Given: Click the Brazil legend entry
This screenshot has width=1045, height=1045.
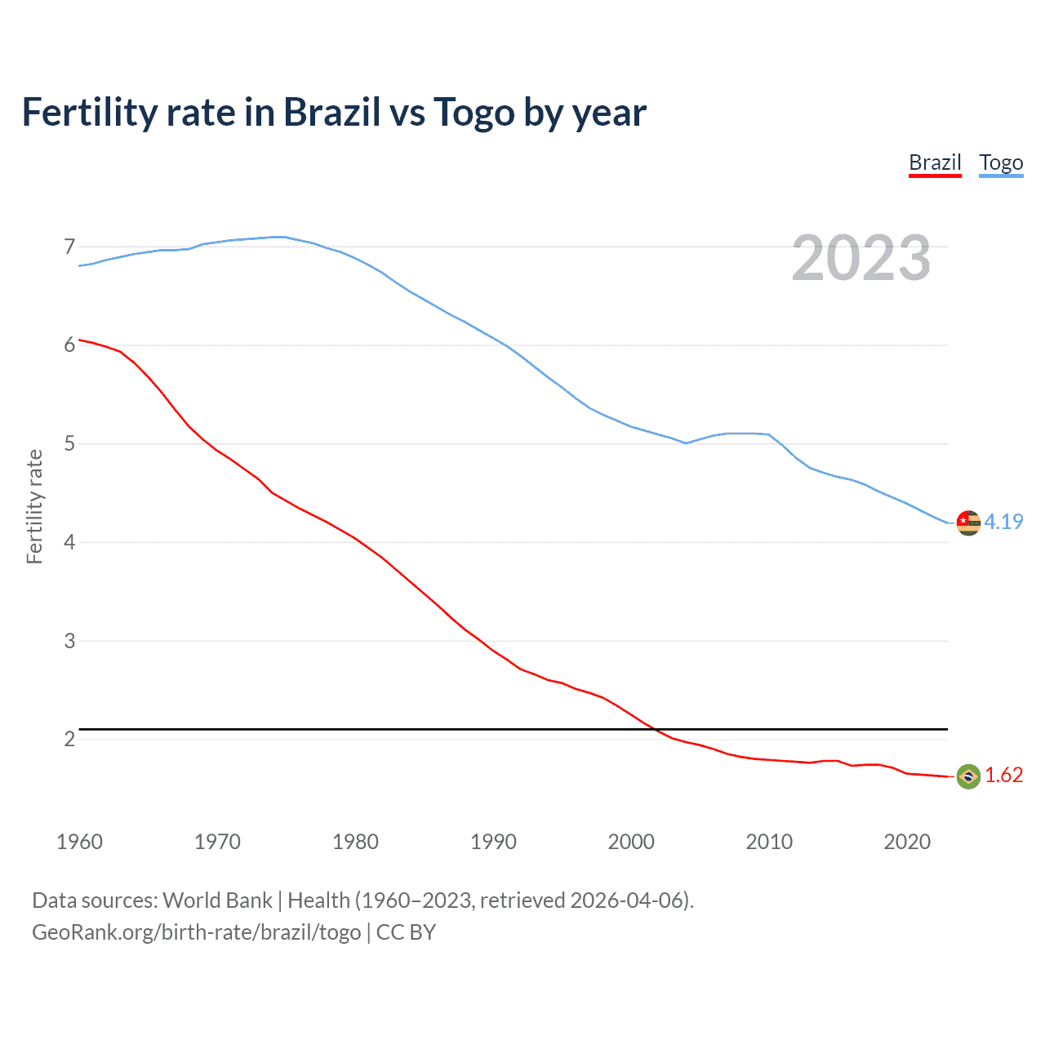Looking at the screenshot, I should (935, 162).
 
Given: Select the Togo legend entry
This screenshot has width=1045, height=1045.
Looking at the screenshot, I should (1001, 162).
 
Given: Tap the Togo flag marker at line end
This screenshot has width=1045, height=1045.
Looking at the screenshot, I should (968, 522).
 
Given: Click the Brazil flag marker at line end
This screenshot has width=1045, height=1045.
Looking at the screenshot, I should (968, 776).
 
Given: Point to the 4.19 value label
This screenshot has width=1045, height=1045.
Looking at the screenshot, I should (1003, 522).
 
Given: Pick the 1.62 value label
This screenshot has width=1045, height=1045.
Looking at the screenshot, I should (1003, 776).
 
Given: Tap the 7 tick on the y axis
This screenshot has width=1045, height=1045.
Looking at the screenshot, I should (69, 247).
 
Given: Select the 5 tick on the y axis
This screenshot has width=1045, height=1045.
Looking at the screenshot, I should (69, 444).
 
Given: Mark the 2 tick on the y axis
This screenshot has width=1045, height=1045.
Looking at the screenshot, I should (69, 740).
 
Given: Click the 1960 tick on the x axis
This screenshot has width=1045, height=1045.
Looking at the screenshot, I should (79, 842).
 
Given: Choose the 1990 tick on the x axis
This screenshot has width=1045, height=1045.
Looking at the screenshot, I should (493, 842).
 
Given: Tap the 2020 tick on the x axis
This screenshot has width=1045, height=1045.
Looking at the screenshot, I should (907, 842).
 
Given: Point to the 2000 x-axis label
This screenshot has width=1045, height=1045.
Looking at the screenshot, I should (631, 842).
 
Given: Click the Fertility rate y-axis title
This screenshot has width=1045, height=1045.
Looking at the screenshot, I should (34, 506).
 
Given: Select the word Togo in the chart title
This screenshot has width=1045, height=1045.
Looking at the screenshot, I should (474, 113).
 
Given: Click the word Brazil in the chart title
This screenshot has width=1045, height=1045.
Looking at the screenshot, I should (331, 112).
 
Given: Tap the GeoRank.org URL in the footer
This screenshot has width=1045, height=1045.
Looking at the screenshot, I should (196, 932).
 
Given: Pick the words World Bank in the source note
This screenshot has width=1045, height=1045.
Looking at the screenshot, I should (217, 900).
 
